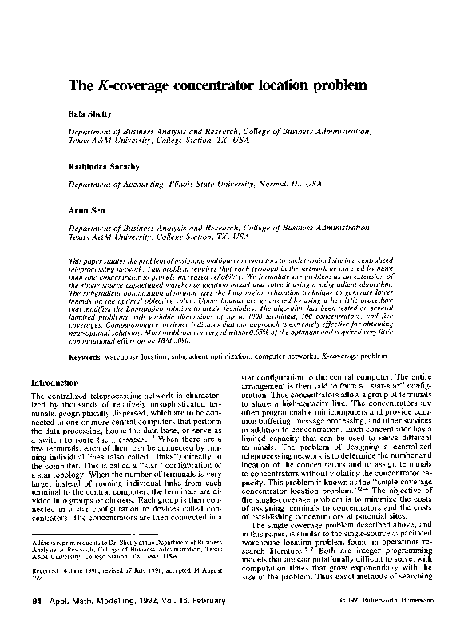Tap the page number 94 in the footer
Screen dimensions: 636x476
click(x=36, y=621)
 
